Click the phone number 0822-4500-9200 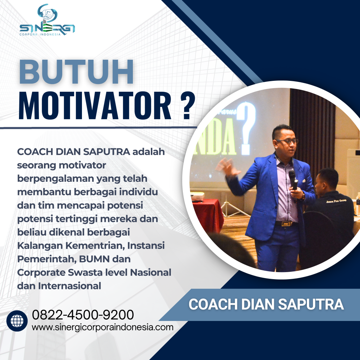pyautogui.click(x=83, y=314)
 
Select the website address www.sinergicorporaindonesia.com pyautogui.click(x=102, y=327)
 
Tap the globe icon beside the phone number pyautogui.click(x=17, y=321)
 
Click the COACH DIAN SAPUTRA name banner pyautogui.click(x=266, y=304)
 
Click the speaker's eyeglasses pyautogui.click(x=287, y=141)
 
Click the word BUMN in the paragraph pyautogui.click(x=103, y=259)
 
